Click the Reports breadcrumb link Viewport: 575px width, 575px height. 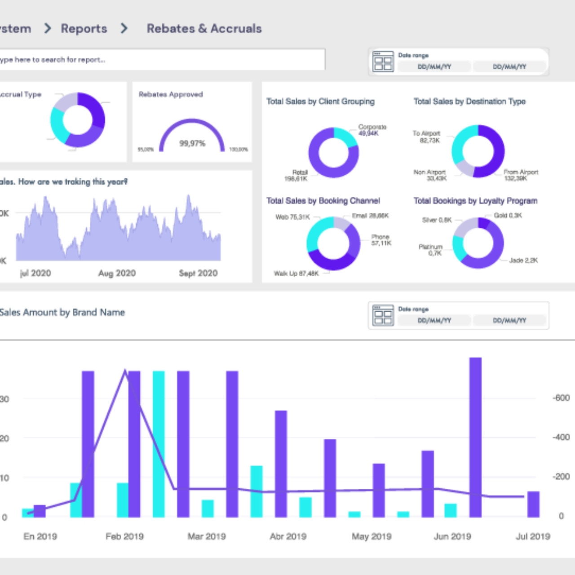84,29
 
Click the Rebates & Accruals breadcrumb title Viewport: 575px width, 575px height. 204,29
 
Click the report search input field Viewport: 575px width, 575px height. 162,60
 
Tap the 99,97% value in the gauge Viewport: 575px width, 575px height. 192,143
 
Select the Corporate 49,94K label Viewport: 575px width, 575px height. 372,130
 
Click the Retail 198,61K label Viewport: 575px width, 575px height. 296,176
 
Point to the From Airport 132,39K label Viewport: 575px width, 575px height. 521,175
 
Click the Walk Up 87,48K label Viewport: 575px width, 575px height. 296,274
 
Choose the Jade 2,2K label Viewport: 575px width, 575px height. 523,261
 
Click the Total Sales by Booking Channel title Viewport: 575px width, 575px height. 323,201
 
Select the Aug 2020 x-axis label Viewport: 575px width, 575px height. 117,273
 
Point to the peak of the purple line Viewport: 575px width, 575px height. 125,371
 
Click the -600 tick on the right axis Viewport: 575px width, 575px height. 561,398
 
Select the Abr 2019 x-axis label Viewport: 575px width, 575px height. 288,536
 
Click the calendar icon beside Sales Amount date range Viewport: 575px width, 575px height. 383,315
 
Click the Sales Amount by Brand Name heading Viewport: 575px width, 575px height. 62,313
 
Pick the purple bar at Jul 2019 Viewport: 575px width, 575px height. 533,504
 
